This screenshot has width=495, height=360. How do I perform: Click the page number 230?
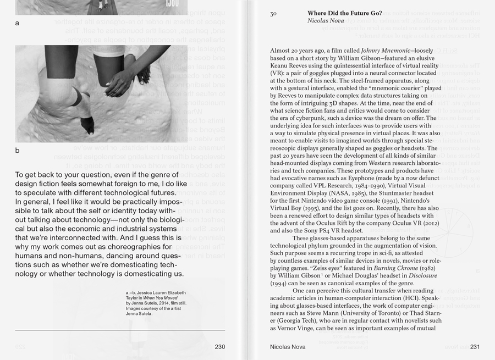click(219, 347)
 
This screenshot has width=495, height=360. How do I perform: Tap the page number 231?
click(475, 347)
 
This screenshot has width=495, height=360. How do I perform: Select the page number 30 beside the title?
click(273, 14)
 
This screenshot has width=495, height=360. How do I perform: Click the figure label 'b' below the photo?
click(17, 150)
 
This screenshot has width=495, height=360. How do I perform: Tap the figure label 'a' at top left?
click(17, 23)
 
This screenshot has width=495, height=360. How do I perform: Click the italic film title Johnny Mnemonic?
click(384, 50)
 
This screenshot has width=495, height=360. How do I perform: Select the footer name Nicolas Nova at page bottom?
click(289, 347)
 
